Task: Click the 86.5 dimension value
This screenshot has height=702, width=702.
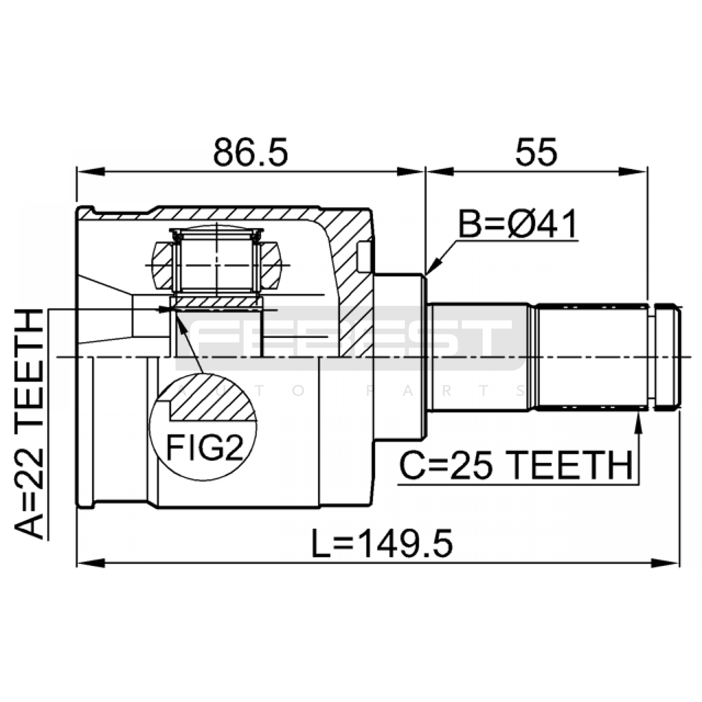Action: (x=251, y=152)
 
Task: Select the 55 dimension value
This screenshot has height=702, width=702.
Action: (x=536, y=152)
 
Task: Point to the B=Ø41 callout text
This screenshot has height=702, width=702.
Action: (x=518, y=224)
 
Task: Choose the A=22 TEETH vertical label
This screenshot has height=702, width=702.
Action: (x=29, y=424)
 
